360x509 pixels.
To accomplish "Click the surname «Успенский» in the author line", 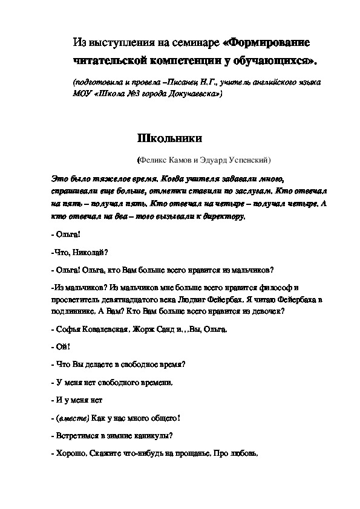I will (248, 160).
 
